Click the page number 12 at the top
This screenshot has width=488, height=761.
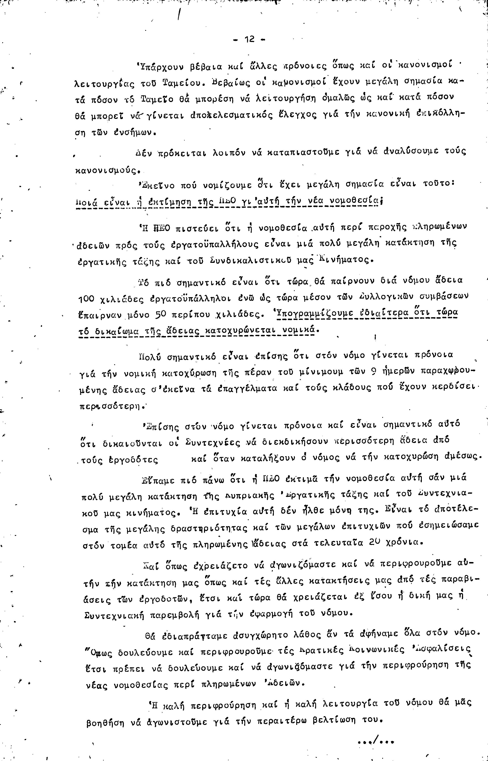click(249, 40)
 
